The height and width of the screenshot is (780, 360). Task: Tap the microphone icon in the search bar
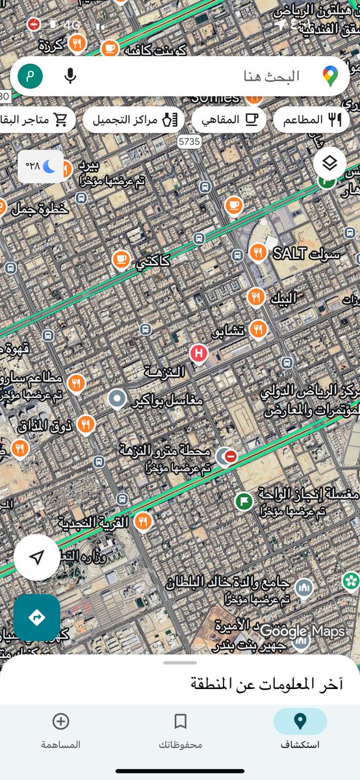tap(70, 76)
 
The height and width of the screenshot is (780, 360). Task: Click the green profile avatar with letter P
tap(30, 76)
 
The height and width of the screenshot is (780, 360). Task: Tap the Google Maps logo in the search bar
tap(331, 76)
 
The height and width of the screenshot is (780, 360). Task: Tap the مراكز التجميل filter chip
tap(134, 120)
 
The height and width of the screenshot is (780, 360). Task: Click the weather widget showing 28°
tap(40, 166)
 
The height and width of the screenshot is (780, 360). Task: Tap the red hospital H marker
tap(198, 354)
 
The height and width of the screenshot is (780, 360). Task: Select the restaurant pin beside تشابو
tap(259, 330)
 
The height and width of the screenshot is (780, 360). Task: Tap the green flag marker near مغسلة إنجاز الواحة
tap(244, 500)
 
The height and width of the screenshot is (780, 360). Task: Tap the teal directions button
tap(37, 617)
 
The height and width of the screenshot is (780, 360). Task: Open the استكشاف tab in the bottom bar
tap(300, 729)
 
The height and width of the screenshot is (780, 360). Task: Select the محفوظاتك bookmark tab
tap(180, 729)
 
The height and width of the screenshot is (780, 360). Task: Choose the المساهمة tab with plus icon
tap(60, 729)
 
